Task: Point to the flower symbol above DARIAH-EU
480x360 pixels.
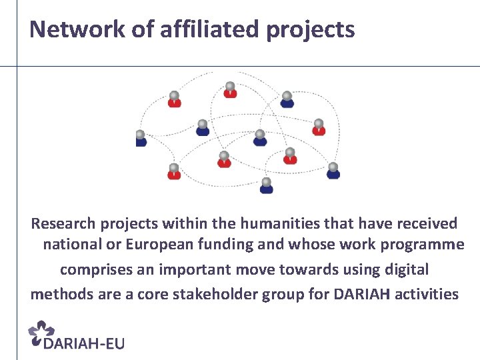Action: (43, 331)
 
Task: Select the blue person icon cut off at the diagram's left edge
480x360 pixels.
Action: (140, 138)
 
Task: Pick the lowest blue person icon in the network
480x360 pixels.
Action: (267, 185)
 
